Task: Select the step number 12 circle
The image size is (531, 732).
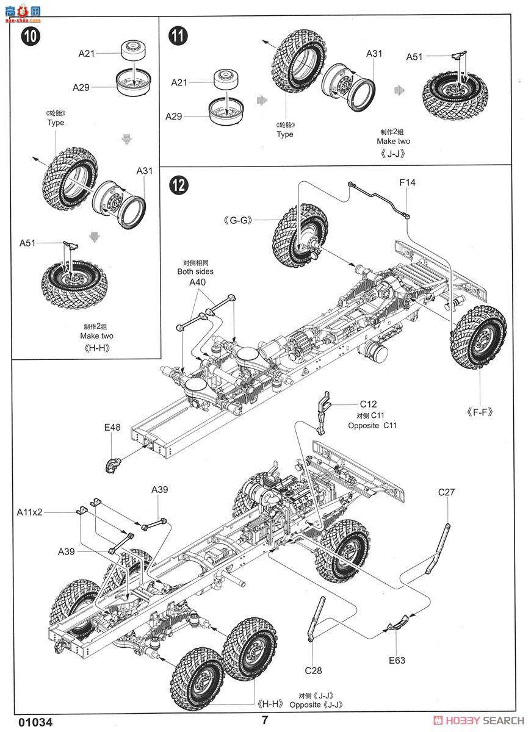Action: pyautogui.click(x=178, y=185)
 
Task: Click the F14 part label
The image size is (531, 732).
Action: pyautogui.click(x=407, y=182)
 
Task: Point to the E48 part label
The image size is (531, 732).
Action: pyautogui.click(x=112, y=428)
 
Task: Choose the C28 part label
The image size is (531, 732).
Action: pyautogui.click(x=313, y=670)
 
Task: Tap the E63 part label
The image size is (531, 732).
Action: pyautogui.click(x=396, y=659)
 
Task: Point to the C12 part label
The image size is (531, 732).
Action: pyautogui.click(x=368, y=404)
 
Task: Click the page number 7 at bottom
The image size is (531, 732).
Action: pyautogui.click(x=265, y=719)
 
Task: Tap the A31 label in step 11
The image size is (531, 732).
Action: pyautogui.click(x=374, y=54)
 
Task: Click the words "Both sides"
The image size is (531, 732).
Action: pyautogui.click(x=196, y=271)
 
